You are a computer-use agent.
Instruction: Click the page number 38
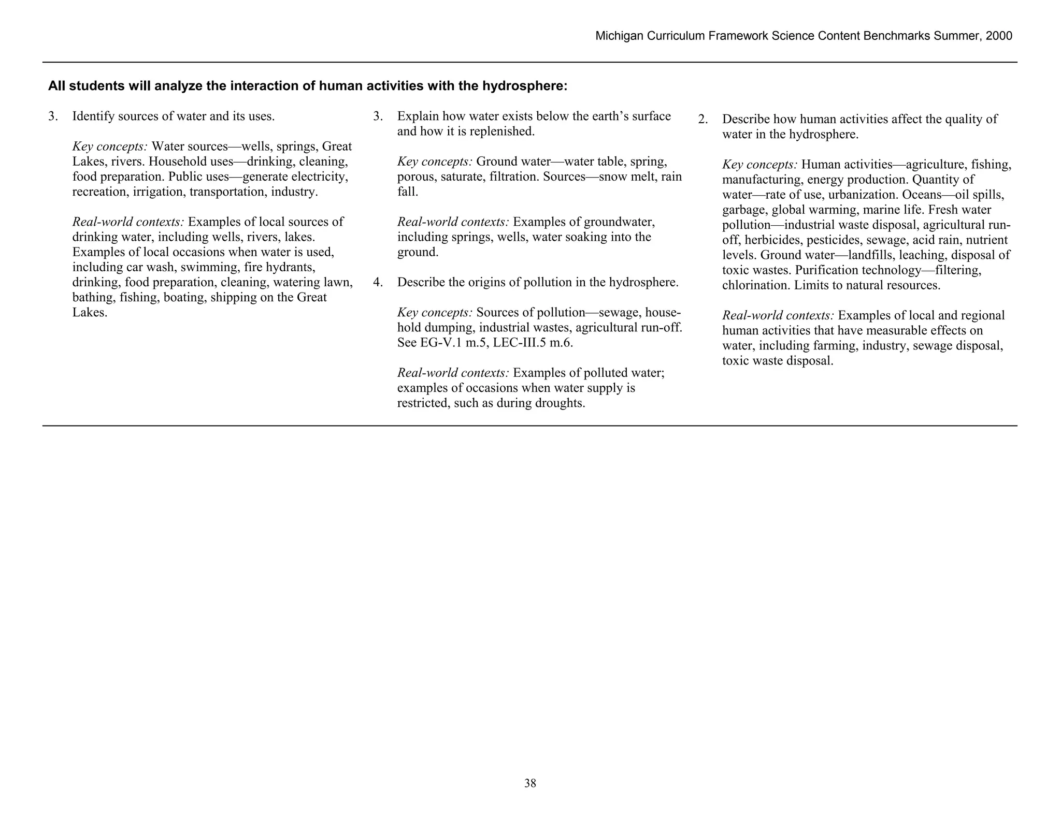pos(530,783)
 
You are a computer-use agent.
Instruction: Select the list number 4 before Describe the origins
pos(377,283)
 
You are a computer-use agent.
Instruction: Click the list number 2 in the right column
pos(702,120)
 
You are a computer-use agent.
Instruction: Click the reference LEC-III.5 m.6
pos(528,343)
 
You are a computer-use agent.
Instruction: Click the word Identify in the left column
pos(93,116)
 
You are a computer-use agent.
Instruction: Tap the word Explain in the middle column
pos(417,116)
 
